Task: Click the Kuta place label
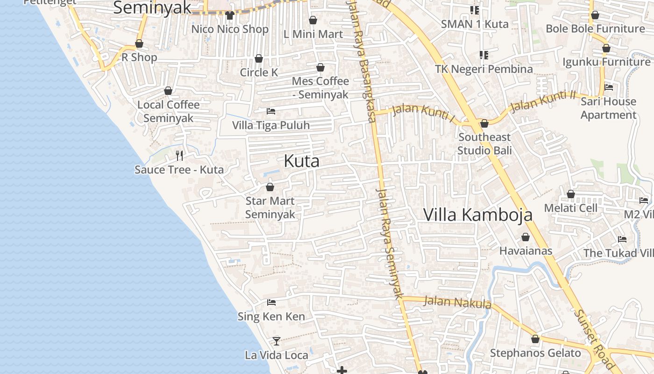pos(302,161)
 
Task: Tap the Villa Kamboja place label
pos(477,215)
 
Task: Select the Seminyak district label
pos(152,8)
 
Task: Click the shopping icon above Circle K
pos(259,58)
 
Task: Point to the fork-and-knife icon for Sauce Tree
pos(179,155)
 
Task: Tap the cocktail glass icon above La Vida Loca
pos(277,341)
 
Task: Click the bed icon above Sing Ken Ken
pos(271,302)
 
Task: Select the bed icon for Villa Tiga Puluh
pos(271,111)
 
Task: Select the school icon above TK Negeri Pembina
pos(484,55)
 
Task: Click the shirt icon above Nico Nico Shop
pos(229,15)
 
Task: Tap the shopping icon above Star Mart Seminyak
pos(270,187)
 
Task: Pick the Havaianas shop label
pos(526,251)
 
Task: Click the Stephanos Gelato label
pos(535,353)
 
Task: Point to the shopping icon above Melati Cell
pos(570,194)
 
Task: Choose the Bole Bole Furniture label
pos(595,29)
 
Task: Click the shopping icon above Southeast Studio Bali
pos(484,123)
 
